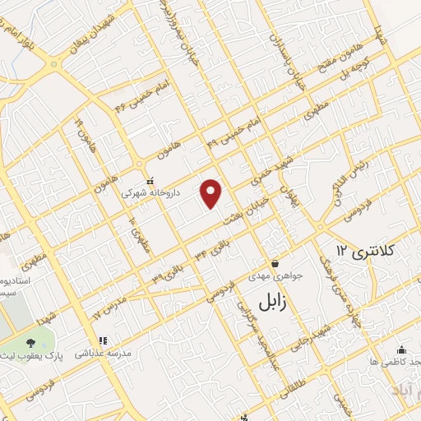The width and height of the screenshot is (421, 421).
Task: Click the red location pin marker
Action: [212, 193]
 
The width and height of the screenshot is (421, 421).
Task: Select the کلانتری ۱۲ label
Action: [365, 248]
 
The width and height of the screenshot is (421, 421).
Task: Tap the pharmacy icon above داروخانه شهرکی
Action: [149, 181]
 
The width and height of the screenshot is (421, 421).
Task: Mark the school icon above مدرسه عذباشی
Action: [103, 340]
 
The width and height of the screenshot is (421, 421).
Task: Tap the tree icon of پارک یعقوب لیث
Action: [30, 340]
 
